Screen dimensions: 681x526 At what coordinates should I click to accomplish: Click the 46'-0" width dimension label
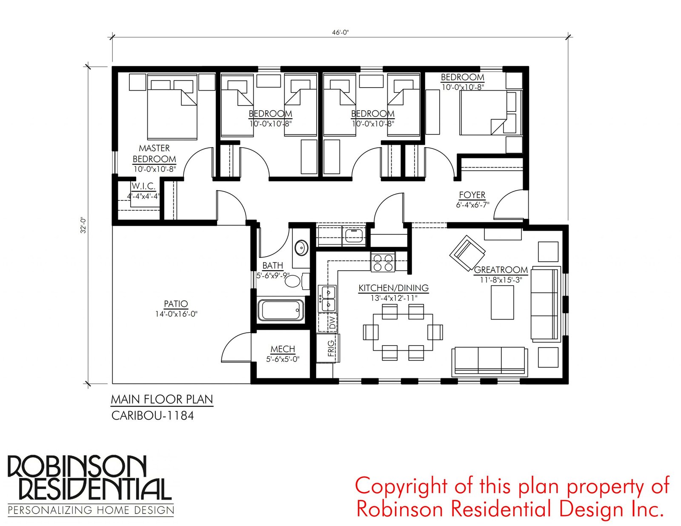tap(340, 32)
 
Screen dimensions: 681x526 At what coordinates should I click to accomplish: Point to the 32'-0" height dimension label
tap(83, 225)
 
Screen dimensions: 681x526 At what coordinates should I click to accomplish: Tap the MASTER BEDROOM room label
tap(154, 153)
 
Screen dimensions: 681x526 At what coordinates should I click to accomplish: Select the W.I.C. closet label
tap(143, 186)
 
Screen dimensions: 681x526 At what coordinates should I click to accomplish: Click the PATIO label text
tap(176, 303)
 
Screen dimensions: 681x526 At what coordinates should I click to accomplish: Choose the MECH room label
tap(283, 349)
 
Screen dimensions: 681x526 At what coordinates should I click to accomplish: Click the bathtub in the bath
tap(280, 310)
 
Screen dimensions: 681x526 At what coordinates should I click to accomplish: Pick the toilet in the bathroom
tap(296, 281)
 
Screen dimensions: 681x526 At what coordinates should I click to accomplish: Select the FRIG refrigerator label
tap(331, 349)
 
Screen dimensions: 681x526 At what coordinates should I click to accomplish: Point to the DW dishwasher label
tap(332, 323)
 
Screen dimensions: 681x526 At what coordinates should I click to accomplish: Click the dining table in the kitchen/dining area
tap(403, 332)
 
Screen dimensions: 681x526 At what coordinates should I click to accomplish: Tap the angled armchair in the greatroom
tap(467, 253)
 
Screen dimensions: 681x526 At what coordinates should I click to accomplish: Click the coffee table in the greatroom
tap(502, 302)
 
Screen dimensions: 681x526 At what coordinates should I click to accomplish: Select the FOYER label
tap(472, 195)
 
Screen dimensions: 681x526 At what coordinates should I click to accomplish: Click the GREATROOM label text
tap(501, 270)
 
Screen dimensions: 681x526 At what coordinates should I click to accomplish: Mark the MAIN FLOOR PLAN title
tap(162, 400)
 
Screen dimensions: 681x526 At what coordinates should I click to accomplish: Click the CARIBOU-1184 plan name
tap(153, 416)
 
